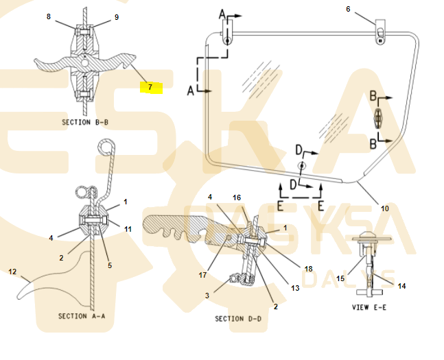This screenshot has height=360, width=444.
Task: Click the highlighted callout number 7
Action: (x=150, y=88)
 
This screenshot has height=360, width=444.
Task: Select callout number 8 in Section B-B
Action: (x=49, y=16)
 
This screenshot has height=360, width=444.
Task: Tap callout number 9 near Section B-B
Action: (x=116, y=16)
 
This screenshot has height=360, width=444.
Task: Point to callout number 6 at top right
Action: (x=348, y=9)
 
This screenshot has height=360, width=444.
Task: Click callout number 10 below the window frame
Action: (x=384, y=208)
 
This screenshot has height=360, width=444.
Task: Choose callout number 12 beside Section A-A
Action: (x=12, y=272)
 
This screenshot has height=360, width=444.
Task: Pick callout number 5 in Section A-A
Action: (x=109, y=265)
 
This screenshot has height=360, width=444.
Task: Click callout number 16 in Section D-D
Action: (x=237, y=197)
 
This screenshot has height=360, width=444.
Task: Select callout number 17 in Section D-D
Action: (x=202, y=276)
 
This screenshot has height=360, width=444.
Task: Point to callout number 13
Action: (x=295, y=289)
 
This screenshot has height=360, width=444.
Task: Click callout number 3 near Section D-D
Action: (x=208, y=295)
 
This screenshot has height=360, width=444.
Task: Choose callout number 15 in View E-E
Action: (x=340, y=278)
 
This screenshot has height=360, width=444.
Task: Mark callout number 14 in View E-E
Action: (x=402, y=286)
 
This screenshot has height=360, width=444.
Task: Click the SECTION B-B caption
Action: (x=85, y=122)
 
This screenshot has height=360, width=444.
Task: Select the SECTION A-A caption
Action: (x=82, y=316)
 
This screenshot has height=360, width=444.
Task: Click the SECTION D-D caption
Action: (x=238, y=319)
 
